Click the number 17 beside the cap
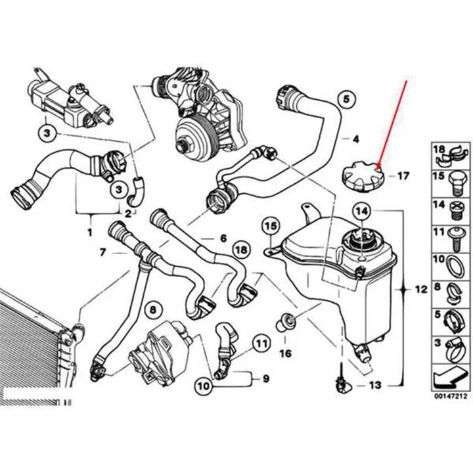[x=403, y=176]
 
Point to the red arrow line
[x=394, y=122]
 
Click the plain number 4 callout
[x=355, y=139]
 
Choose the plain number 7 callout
[x=102, y=251]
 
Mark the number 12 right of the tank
[x=420, y=288]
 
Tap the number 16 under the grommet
[x=284, y=354]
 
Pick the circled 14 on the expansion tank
[x=361, y=212]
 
